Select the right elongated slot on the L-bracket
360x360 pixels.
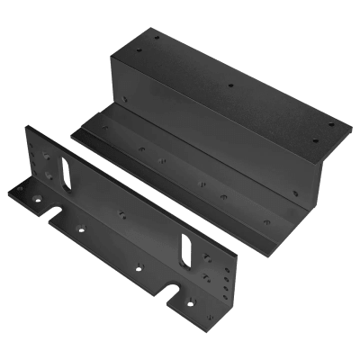tap(187, 250)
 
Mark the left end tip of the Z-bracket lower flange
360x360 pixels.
tap(74, 133)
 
